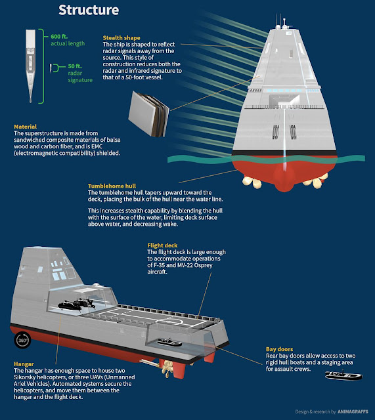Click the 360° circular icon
pyautogui.click(x=22, y=340)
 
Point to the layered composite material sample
pyautogui.click(x=146, y=108)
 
